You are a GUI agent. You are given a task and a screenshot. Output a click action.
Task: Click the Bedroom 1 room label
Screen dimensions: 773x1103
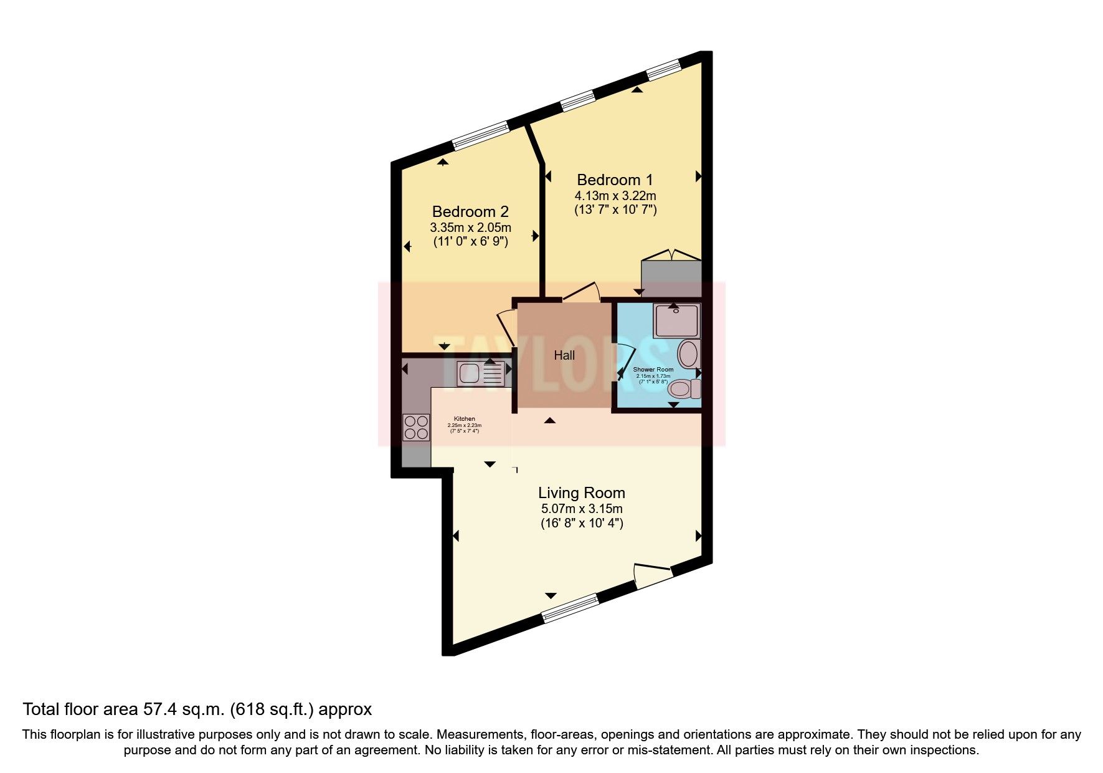[615, 180]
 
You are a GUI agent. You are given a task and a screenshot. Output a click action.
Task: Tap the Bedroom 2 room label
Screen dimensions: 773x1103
[470, 211]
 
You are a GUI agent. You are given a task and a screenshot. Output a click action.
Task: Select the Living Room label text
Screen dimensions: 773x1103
[581, 493]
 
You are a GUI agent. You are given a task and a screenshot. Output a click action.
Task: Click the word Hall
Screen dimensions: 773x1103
[564, 355]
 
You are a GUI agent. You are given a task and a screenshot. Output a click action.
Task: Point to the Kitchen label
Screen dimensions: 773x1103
[464, 419]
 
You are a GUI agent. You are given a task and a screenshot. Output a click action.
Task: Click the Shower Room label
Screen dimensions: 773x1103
[653, 370]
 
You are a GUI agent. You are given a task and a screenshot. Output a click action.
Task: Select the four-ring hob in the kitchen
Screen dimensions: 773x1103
[415, 427]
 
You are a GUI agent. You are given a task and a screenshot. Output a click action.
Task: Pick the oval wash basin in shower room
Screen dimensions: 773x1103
[688, 354]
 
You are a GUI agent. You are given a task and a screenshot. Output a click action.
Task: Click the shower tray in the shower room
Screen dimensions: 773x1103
[676, 321]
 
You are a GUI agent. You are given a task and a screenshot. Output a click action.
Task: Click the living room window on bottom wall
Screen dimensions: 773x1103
[570, 608]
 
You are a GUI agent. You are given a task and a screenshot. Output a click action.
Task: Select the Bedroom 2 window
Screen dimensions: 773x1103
[481, 136]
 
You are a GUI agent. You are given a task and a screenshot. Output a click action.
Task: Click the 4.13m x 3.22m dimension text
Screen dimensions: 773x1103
[615, 196]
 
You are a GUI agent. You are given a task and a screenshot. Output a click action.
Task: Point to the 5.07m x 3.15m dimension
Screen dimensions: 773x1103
[581, 509]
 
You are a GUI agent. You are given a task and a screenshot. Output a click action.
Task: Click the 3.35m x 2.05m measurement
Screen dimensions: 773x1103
[470, 228]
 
